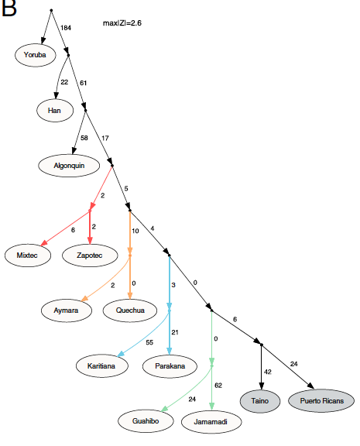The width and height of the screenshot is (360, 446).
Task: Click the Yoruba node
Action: pyautogui.click(x=36, y=55)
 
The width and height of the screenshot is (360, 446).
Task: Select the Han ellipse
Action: pyautogui.click(x=55, y=111)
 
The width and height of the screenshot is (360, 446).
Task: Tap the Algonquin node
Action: pyautogui.click(x=69, y=166)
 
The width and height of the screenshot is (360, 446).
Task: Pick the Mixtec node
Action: pyautogui.click(x=28, y=256)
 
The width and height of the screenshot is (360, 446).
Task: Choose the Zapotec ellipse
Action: pyautogui.click(x=90, y=256)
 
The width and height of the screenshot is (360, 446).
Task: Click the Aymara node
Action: pyautogui.click(x=67, y=310)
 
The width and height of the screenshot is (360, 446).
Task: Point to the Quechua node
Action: pyautogui.click(x=130, y=310)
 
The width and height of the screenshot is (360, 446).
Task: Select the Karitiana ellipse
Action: pyautogui.click(x=101, y=365)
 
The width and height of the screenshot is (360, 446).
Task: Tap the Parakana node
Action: pyautogui.click(x=170, y=366)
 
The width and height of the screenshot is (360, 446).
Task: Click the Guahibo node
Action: pyautogui.click(x=146, y=421)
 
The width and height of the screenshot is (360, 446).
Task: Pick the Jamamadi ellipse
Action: pyautogui.click(x=211, y=422)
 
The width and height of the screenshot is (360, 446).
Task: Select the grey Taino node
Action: pyautogui.click(x=260, y=401)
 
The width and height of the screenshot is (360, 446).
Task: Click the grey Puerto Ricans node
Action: pyautogui.click(x=321, y=401)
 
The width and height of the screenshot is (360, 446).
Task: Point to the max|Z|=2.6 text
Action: pyautogui.click(x=122, y=23)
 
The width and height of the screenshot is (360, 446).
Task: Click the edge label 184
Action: pyautogui.click(x=66, y=28)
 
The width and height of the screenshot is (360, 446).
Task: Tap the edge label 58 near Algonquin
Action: pyautogui.click(x=84, y=138)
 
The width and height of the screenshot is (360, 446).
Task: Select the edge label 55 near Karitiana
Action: pyautogui.click(x=149, y=342)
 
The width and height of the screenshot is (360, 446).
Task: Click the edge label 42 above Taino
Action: pyautogui.click(x=268, y=372)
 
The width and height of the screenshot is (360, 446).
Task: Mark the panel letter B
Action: pyautogui.click(x=9, y=8)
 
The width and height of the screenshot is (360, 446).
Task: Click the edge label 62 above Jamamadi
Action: pyautogui.click(x=218, y=386)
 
